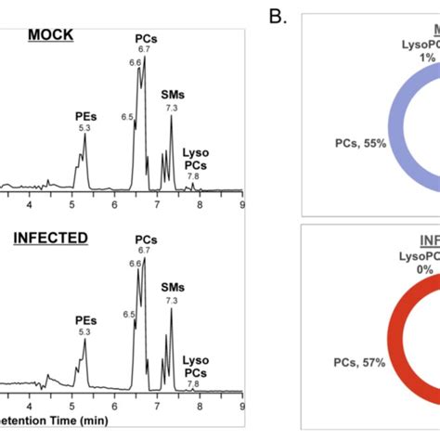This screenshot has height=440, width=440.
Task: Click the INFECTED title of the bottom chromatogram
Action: (x=51, y=239)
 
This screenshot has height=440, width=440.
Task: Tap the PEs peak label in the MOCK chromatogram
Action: (x=84, y=116)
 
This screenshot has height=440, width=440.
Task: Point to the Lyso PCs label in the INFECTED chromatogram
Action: (x=196, y=363)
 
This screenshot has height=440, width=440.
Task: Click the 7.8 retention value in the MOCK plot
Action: (x=193, y=176)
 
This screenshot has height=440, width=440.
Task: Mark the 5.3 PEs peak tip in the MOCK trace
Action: (x=84, y=136)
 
